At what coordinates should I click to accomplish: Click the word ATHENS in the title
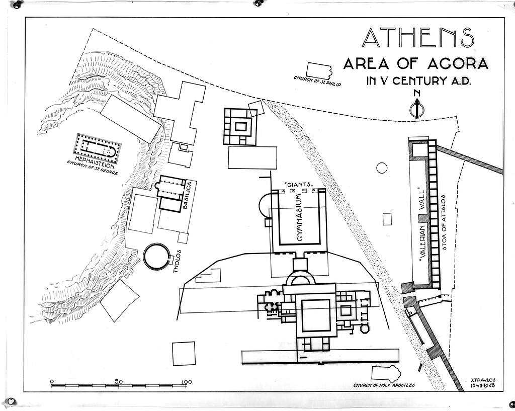pyautogui.click(x=418, y=37)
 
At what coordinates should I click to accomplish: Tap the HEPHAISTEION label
pyautogui.click(x=95, y=159)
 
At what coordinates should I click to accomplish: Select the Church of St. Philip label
pyautogui.click(x=317, y=81)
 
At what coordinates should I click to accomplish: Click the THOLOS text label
pyautogui.click(x=177, y=262)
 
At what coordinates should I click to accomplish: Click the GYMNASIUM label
pyautogui.click(x=299, y=217)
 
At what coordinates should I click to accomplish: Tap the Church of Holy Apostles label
pyautogui.click(x=384, y=385)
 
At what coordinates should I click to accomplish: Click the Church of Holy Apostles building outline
pyautogui.click(x=386, y=373)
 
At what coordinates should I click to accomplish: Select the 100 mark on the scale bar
pyautogui.click(x=186, y=382)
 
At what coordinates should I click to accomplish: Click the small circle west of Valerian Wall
pyautogui.click(x=381, y=168)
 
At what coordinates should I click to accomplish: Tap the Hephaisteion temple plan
pyautogui.click(x=97, y=144)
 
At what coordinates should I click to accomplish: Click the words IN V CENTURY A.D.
pyautogui.click(x=418, y=80)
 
